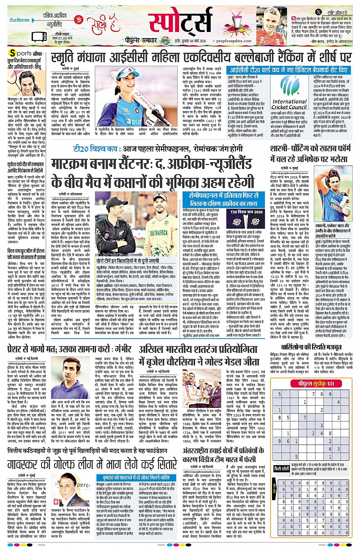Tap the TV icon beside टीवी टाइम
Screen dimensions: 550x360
pos(40,37)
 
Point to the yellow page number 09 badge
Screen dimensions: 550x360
pos(165,41)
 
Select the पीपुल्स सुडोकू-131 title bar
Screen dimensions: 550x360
pos(316,384)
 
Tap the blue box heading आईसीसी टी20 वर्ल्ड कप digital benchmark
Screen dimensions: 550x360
pos(288,70)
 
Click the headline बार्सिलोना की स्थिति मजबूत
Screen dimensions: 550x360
pos(311,348)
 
